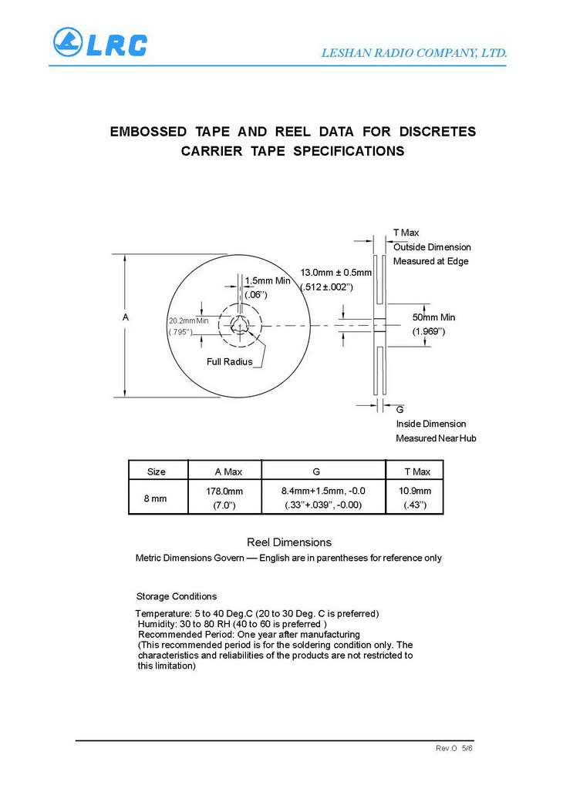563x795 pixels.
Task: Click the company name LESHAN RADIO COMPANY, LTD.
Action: point(413,53)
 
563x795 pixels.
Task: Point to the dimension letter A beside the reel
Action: point(125,317)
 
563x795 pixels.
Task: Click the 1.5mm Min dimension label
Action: point(267,280)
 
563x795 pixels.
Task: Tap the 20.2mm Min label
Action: point(188,320)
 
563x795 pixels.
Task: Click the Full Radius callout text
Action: point(229,361)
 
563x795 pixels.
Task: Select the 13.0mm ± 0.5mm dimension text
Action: point(335,273)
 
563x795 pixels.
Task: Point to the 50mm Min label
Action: point(433,317)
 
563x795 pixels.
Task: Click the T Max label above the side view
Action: point(406,233)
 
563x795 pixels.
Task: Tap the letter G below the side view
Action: point(399,409)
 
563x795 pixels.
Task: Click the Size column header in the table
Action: point(156,471)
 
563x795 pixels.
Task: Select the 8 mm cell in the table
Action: point(156,498)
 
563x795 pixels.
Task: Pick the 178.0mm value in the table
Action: point(224,491)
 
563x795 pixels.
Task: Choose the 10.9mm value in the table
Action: point(415,491)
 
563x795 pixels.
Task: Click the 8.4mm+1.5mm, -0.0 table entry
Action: point(323,491)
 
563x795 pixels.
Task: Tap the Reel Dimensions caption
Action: point(288,542)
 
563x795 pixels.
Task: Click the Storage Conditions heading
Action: point(177,596)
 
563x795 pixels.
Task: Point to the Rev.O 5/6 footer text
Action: point(453,749)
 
